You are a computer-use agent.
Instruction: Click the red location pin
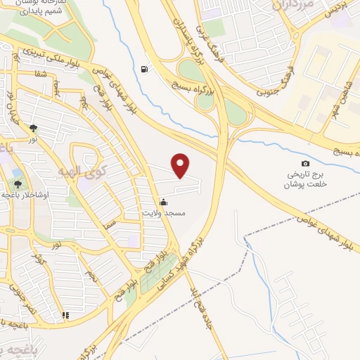click(x=181, y=165)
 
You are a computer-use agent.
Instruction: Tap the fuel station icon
click(x=145, y=69)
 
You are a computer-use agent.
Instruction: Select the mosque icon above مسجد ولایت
click(x=164, y=201)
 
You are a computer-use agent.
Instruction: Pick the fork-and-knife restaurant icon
click(x=65, y=316)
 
